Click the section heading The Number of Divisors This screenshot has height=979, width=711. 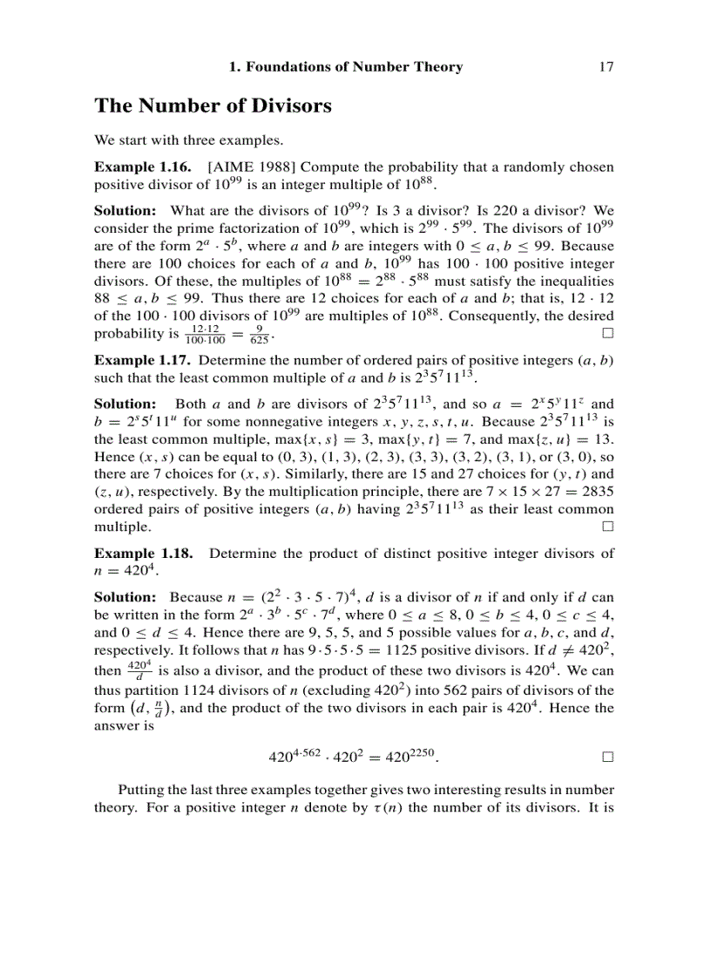pyautogui.click(x=213, y=106)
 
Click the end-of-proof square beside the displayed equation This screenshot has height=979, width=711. pyautogui.click(x=607, y=758)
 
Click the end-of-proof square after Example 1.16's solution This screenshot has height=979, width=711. pyautogui.click(x=607, y=334)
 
